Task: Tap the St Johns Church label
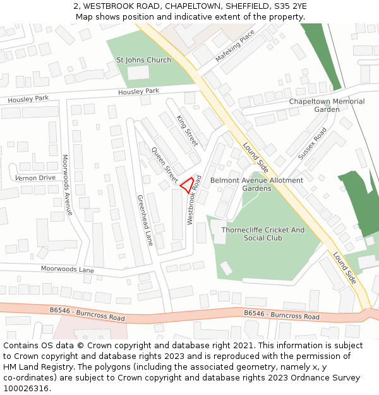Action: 143,60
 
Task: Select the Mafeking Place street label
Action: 235,46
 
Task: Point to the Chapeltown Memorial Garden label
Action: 327,106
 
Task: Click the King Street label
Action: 188,130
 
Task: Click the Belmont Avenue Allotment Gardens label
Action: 256,184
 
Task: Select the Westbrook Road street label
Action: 194,200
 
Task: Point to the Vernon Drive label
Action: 35,178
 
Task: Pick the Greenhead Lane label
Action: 145,220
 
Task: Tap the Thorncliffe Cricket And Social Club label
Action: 262,234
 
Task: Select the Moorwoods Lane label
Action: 67,269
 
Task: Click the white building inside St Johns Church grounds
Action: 138,73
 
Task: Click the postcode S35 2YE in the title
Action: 287,6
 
